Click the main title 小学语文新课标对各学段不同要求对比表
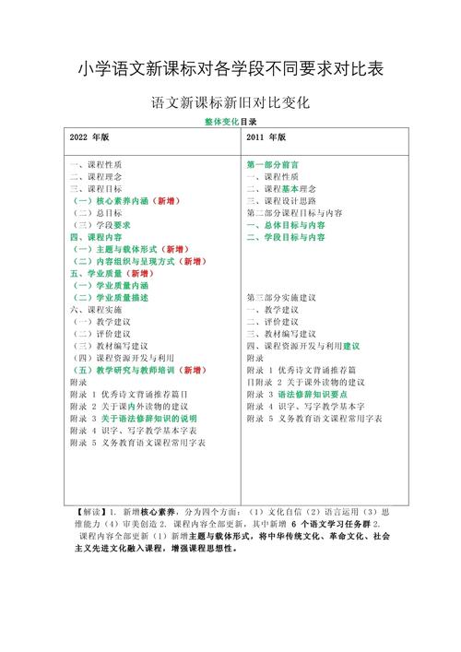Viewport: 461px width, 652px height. [x=230, y=68]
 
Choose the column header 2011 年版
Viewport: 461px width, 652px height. [x=267, y=136]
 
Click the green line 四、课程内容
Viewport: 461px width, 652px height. [x=95, y=236]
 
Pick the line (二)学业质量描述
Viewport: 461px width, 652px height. [x=110, y=298]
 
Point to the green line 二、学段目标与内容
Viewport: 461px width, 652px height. [x=286, y=237]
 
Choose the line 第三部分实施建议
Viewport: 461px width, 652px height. [x=281, y=298]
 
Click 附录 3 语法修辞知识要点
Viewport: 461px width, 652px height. [x=301, y=394]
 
